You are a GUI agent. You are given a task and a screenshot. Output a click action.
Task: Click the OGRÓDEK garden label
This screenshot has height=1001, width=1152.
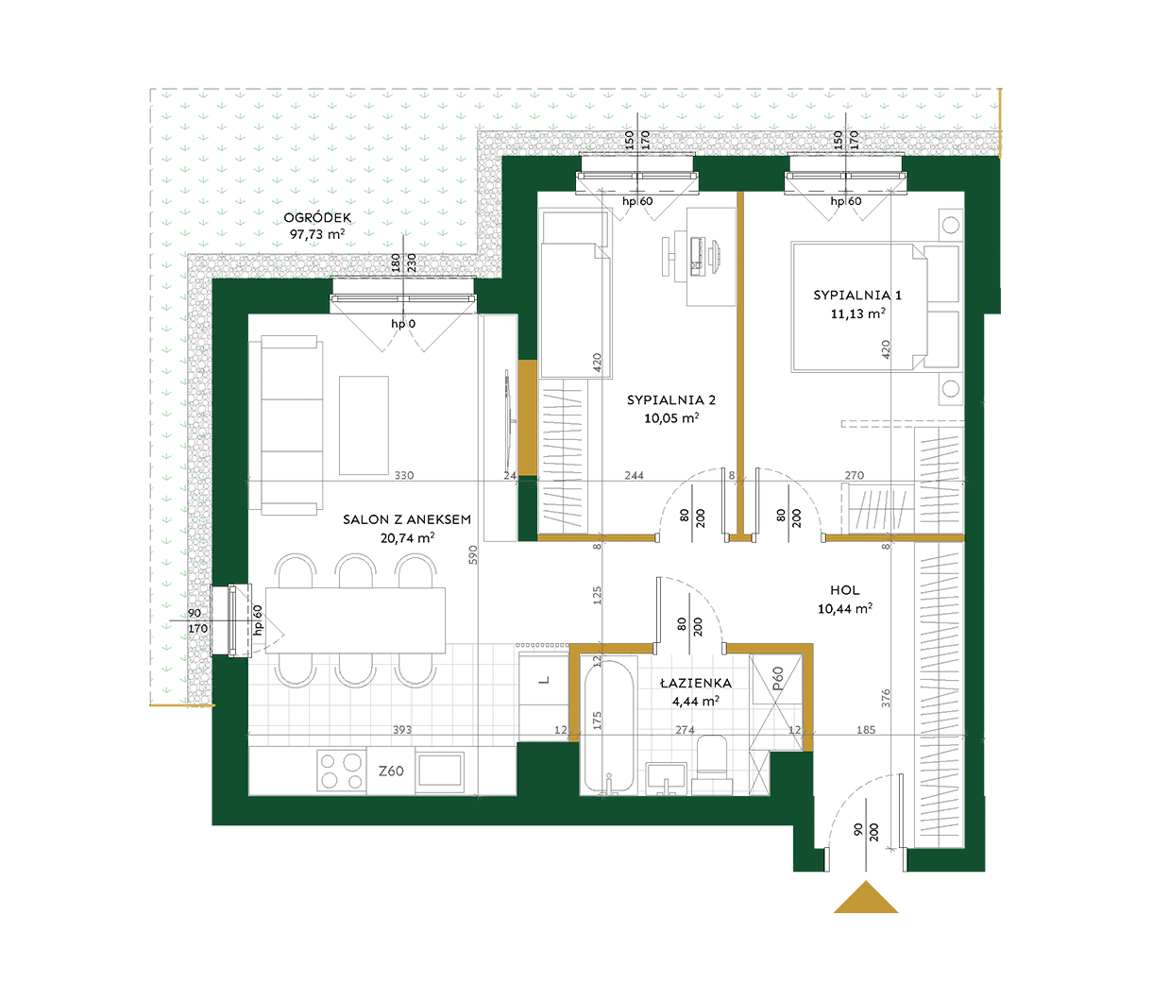click(317, 217)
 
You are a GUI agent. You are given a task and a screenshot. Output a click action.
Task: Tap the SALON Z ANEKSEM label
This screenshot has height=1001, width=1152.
click(407, 519)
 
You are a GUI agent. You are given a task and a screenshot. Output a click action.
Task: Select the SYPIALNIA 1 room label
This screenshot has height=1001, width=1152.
click(857, 295)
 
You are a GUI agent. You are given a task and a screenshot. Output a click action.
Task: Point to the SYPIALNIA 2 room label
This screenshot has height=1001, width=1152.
click(671, 400)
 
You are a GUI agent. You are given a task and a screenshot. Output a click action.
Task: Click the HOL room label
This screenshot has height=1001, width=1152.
click(844, 590)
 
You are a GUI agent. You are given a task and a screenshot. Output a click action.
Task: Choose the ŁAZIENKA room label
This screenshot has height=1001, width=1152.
click(696, 683)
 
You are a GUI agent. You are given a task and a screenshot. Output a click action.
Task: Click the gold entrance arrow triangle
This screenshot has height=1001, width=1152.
click(865, 897)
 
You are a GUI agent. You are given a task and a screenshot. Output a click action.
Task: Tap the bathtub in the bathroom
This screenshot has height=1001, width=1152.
click(608, 726)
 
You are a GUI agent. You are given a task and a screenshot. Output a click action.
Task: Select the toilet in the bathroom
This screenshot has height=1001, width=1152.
click(712, 765)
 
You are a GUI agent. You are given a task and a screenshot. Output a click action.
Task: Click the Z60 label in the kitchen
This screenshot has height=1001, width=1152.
click(391, 771)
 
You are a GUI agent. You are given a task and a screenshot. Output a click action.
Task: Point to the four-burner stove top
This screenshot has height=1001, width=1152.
click(341, 771)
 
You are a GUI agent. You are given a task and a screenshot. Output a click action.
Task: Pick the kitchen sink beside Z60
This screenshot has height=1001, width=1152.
click(440, 770)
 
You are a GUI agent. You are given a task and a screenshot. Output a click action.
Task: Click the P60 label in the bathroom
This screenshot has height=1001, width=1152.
click(777, 678)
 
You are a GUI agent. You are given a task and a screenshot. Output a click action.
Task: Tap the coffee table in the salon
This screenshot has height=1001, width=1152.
click(364, 426)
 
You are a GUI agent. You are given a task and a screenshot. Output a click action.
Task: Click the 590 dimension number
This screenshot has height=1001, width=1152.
click(473, 554)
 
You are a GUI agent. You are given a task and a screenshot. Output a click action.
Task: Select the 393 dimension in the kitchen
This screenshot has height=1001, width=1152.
click(402, 730)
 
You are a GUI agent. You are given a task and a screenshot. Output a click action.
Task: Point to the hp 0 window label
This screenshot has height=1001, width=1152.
click(403, 324)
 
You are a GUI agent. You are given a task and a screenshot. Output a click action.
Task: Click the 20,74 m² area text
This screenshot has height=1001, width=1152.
click(407, 537)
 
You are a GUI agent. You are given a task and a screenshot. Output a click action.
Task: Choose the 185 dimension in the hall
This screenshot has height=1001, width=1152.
click(866, 730)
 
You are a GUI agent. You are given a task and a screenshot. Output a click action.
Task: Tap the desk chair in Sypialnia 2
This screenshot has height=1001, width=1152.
click(668, 256)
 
